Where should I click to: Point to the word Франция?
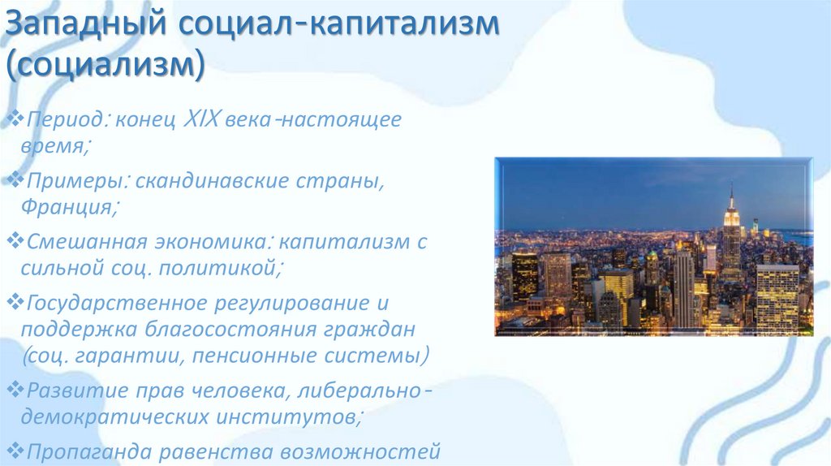click(67, 206)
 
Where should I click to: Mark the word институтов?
click(300, 416)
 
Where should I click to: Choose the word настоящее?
click(349, 121)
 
